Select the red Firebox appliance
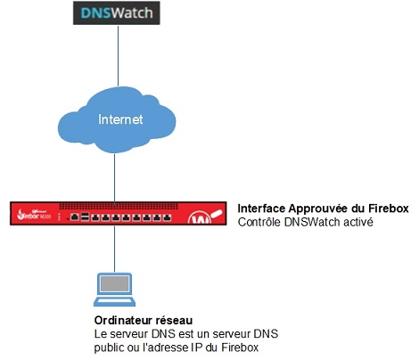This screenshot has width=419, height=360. [x=115, y=215]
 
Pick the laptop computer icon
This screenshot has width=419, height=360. [x=114, y=289]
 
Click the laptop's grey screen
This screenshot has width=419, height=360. [x=114, y=284]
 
